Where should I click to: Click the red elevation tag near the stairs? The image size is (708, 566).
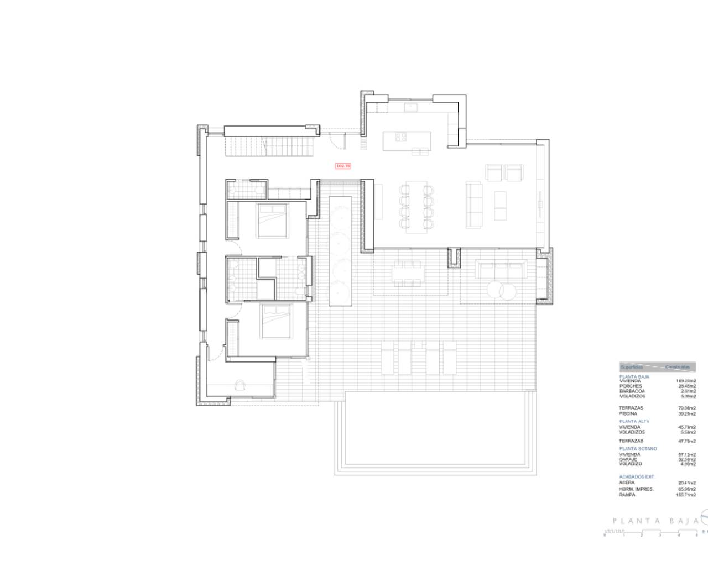(x=343, y=165)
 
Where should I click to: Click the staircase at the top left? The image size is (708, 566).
(x=269, y=146)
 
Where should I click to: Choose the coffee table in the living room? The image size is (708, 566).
(x=500, y=205)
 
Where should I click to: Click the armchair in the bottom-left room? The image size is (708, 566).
(x=241, y=385)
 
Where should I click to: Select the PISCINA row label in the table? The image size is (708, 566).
(x=628, y=413)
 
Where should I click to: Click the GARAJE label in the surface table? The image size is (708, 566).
(x=628, y=459)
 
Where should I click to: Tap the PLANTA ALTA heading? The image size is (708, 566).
(x=634, y=421)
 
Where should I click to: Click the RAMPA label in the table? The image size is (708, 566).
(x=627, y=495)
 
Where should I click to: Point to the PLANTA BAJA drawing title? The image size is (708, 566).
(x=652, y=521)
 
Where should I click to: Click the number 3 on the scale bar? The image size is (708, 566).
(x=660, y=535)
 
